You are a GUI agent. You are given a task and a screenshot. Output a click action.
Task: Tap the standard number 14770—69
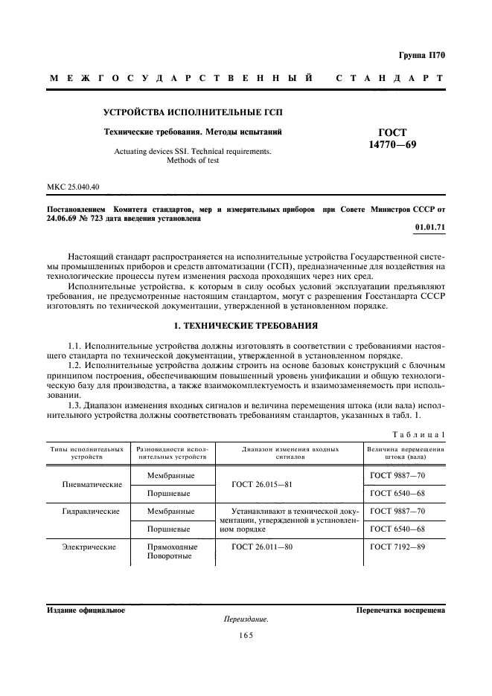(393, 144)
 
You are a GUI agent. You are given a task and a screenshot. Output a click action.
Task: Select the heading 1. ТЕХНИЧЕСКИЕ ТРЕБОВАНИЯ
(246, 304)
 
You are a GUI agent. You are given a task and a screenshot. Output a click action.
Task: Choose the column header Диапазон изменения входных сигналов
(290, 454)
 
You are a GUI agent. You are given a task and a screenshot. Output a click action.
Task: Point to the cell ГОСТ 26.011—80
(262, 547)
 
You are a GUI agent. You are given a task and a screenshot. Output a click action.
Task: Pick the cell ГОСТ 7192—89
(397, 547)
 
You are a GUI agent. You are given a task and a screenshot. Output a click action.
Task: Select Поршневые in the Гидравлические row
(169, 529)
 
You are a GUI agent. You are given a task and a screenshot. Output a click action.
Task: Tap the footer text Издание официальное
(86, 610)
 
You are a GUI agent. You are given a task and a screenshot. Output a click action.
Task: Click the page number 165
(246, 635)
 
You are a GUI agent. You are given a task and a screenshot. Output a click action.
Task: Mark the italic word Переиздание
(246, 619)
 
